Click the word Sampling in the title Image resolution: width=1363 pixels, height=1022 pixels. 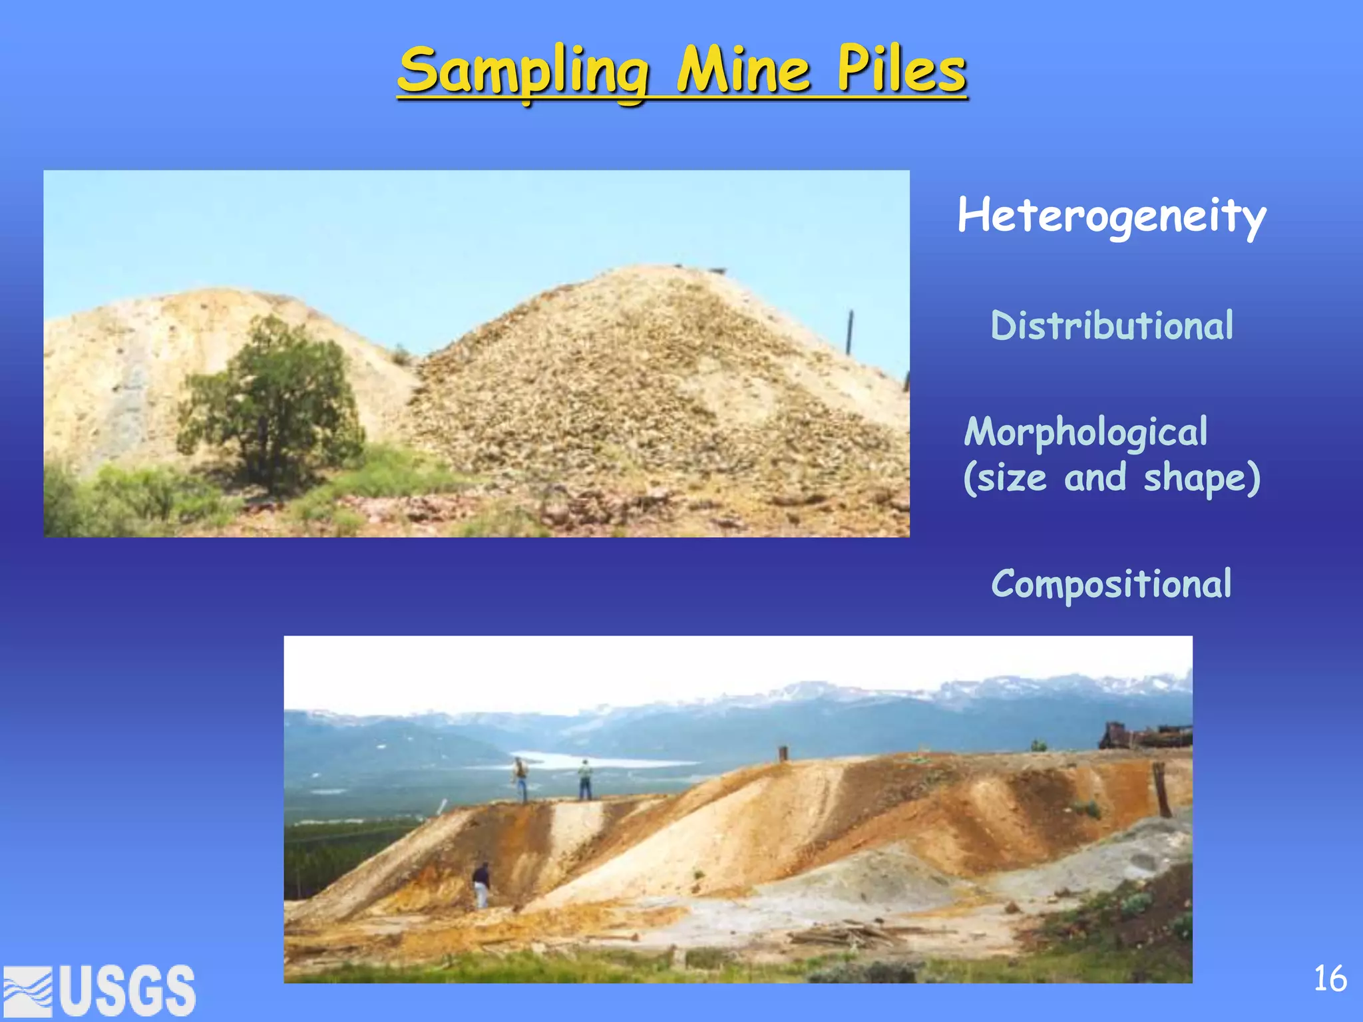coord(523,72)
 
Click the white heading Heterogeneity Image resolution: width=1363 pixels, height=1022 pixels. coord(1111,216)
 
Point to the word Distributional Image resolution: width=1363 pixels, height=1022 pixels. coord(1111,326)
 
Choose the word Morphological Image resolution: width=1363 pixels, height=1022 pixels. coord(1085,432)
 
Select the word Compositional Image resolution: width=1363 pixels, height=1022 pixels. coord(1111,584)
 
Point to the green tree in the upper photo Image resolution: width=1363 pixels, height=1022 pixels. coord(273,406)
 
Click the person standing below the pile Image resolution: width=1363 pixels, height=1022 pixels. coord(481,885)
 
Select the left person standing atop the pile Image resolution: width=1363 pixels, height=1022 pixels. coord(520,780)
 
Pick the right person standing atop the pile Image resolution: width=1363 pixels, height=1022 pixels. coord(584,780)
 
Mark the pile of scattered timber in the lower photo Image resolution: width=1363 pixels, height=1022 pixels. coord(845,935)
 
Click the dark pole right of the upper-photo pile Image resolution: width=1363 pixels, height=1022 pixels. coord(849,333)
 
